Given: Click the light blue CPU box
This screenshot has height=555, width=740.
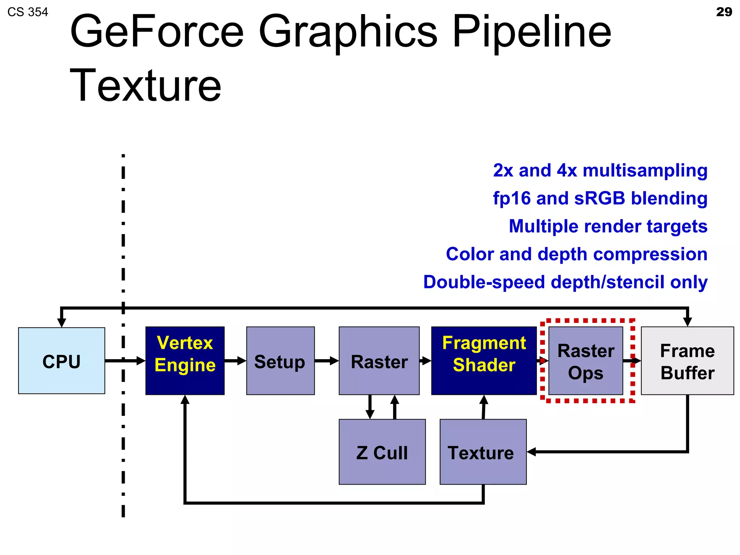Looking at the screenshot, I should coord(61,361).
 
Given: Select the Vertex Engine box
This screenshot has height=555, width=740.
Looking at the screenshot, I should coord(185,361).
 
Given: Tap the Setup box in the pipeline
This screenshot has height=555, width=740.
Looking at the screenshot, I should coord(280,361).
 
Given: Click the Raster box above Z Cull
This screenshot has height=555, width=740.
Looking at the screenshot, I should coord(379,361).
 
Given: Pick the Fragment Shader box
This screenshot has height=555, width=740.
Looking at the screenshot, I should coord(484,361).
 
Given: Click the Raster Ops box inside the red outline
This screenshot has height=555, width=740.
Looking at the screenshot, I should coord(586,361).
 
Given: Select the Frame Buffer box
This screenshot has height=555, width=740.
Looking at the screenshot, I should coord(687,361).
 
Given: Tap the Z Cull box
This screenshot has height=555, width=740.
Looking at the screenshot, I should coord(382,452).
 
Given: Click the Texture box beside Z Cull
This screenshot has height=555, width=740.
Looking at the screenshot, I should coord(483,452).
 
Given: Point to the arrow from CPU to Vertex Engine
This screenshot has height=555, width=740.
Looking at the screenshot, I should coord(125,361).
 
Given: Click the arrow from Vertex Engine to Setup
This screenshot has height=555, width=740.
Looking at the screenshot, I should coord(235,361).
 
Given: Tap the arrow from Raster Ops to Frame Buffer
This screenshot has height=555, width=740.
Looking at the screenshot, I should coord(632,361).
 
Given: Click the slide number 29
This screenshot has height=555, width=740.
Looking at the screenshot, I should coord(724,12).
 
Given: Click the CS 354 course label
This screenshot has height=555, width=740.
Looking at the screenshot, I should coord(27,12).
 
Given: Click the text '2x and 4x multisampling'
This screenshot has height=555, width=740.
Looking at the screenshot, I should coord(600,170).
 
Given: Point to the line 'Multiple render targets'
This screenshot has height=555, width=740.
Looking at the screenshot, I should coord(608,226).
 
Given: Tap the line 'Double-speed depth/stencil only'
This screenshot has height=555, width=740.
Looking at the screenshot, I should coord(565,282).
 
